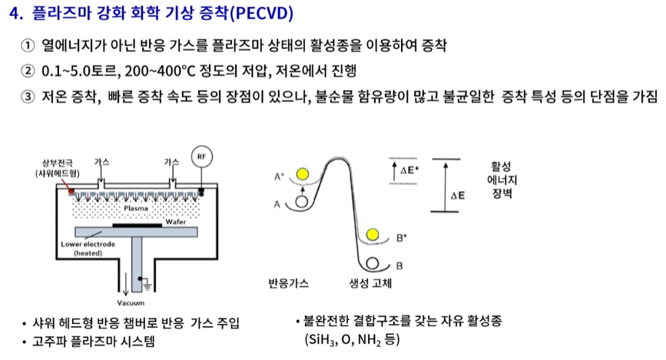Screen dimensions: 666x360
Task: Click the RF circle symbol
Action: (202, 157)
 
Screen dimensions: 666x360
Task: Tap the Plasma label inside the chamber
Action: (135, 207)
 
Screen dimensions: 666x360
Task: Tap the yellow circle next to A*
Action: (303, 174)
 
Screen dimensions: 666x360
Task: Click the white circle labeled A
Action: (302, 203)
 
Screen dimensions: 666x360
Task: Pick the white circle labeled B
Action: (374, 263)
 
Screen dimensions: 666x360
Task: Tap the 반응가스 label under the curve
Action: (288, 282)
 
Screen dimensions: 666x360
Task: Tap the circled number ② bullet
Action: (28, 71)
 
